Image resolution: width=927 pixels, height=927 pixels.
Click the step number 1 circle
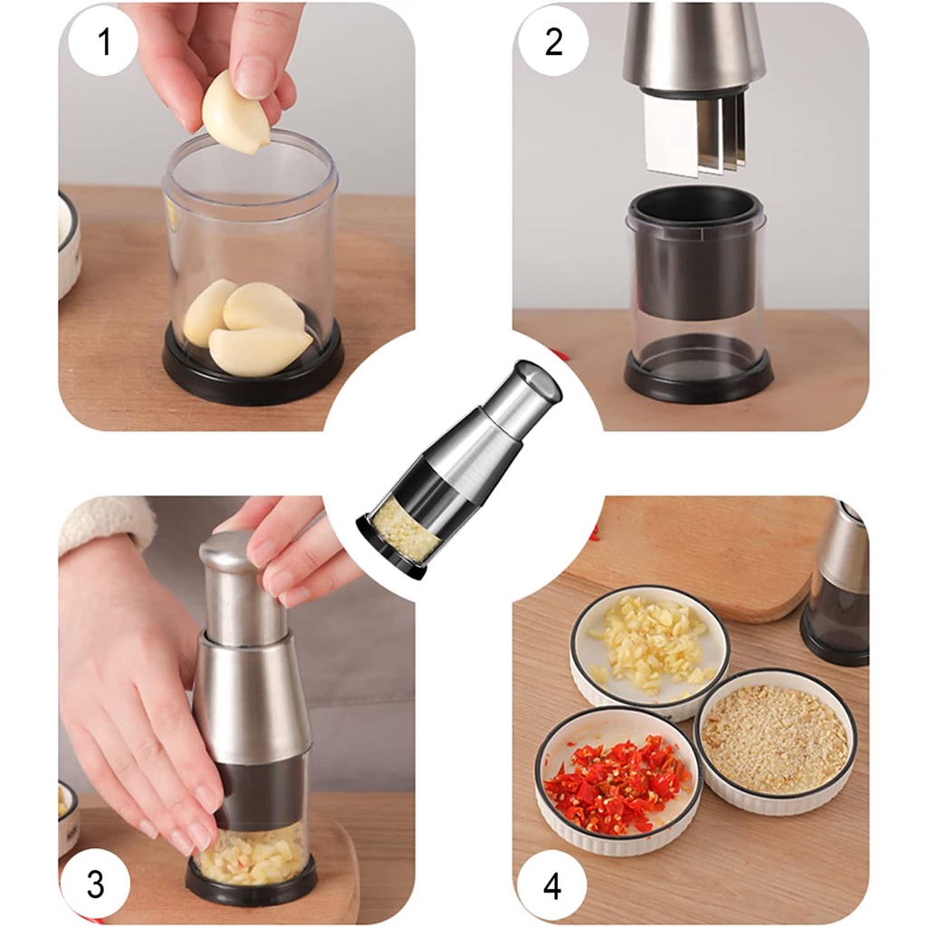coord(103,42)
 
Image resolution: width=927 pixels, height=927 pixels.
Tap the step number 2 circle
coord(553,42)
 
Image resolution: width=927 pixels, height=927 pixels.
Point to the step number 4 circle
coord(552,885)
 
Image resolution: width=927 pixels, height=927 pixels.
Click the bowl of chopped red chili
coord(618,780)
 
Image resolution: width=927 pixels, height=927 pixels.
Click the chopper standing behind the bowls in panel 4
coord(836,582)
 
